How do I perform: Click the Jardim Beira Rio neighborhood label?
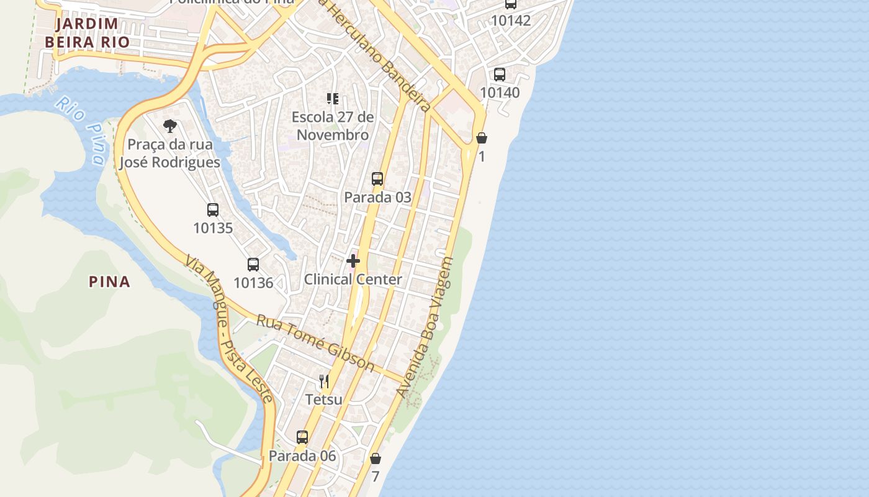(x=87, y=33)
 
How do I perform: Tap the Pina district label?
(x=110, y=282)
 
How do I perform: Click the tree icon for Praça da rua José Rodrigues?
(x=169, y=126)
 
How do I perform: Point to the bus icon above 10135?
(x=213, y=210)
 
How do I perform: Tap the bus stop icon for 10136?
(x=253, y=265)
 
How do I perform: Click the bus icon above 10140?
(x=500, y=75)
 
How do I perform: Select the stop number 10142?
(x=511, y=21)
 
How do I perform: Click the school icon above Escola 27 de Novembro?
(x=333, y=98)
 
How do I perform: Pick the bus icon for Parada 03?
(x=377, y=179)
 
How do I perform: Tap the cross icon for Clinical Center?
(x=353, y=261)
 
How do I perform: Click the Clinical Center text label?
(x=353, y=280)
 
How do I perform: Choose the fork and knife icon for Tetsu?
(x=324, y=381)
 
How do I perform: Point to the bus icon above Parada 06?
(x=302, y=437)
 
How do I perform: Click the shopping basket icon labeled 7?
(x=375, y=459)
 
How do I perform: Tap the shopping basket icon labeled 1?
(x=482, y=138)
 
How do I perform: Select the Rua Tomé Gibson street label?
(x=315, y=343)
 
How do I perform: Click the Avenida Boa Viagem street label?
(x=426, y=327)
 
